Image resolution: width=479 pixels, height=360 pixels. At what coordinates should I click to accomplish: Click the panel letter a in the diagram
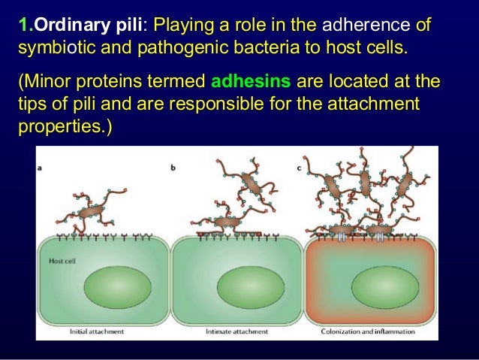tap(40, 168)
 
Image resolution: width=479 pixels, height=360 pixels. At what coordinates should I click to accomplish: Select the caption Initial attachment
tap(97, 331)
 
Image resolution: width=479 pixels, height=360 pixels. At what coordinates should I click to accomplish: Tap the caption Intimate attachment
tap(233, 331)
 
